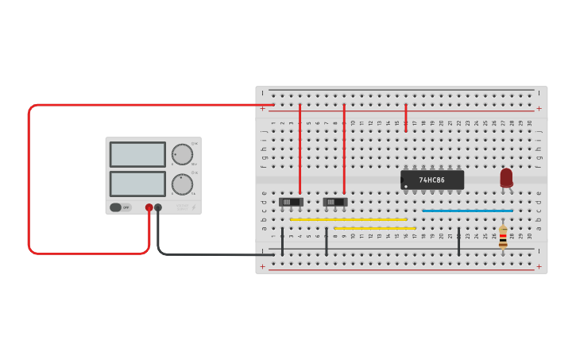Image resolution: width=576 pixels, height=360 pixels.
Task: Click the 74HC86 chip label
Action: click(432, 180)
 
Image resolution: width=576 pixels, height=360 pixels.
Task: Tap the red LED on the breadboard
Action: click(506, 178)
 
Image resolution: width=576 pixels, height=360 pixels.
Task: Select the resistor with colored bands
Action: click(503, 237)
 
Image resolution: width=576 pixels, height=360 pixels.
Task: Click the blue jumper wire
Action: click(467, 211)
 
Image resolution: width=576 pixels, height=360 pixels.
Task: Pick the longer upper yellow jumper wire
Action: click(348, 219)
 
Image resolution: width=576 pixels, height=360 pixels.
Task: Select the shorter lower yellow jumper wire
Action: click(374, 228)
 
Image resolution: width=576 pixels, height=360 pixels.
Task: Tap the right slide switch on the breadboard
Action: click(335, 202)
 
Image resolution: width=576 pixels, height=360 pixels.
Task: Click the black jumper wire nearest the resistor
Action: click(458, 242)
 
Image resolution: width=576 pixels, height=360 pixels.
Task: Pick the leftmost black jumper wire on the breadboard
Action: click(282, 242)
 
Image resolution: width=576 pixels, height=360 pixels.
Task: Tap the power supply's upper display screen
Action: click(137, 154)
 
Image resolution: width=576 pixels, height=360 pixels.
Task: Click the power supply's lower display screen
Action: click(137, 184)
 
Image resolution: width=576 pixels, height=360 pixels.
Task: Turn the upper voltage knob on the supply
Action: click(182, 154)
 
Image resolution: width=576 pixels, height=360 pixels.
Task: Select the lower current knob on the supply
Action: click(182, 184)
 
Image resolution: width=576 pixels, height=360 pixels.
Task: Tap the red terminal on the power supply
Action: click(149, 207)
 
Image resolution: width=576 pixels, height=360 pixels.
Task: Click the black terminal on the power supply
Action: click(158, 207)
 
